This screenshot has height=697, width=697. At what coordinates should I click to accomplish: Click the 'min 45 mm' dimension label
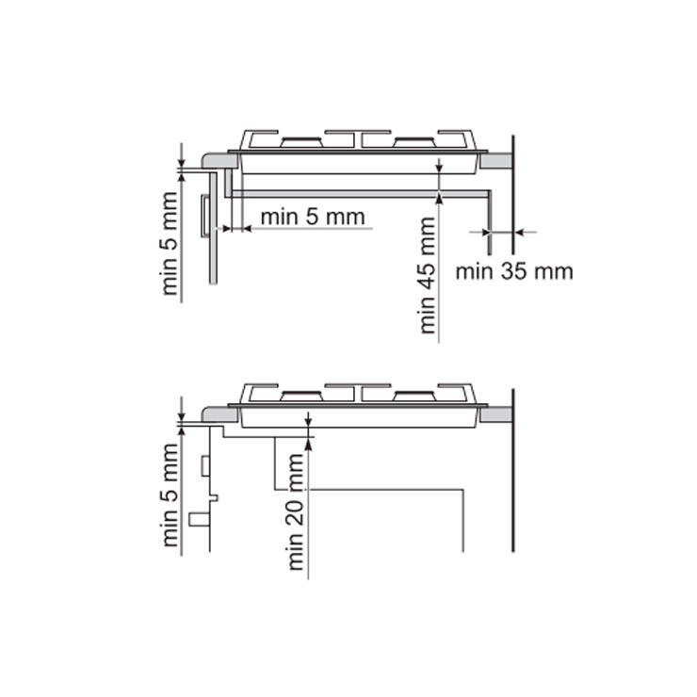click(x=427, y=275)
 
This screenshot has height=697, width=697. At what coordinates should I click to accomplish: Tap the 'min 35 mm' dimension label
click(x=514, y=271)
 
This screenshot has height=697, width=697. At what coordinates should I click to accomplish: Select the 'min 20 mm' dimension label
click(x=296, y=511)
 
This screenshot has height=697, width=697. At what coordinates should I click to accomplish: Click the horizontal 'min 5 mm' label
click(x=313, y=217)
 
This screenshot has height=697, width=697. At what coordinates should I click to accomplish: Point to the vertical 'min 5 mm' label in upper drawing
click(x=170, y=244)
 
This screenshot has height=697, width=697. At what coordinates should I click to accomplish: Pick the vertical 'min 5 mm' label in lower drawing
click(x=170, y=495)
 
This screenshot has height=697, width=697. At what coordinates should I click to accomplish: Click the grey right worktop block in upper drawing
click(x=496, y=161)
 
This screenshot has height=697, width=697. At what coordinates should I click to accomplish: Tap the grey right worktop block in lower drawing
click(x=496, y=414)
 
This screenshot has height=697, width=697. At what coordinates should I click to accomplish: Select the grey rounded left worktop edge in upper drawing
click(x=220, y=161)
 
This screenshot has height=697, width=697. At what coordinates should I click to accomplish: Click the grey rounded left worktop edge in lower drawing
click(x=220, y=414)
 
